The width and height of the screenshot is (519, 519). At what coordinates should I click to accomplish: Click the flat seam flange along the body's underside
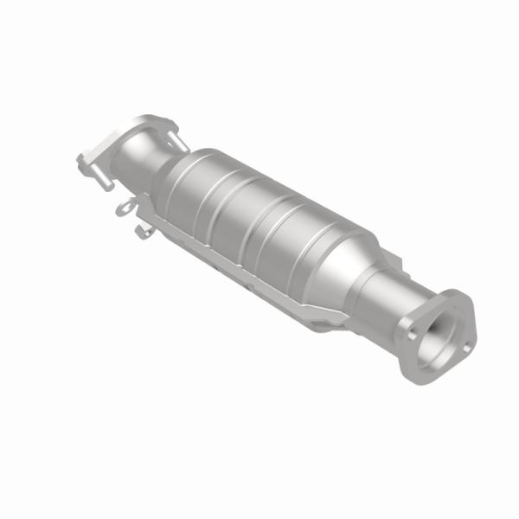(251, 277)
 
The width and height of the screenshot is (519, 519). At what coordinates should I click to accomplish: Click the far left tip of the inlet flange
(79, 160)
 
